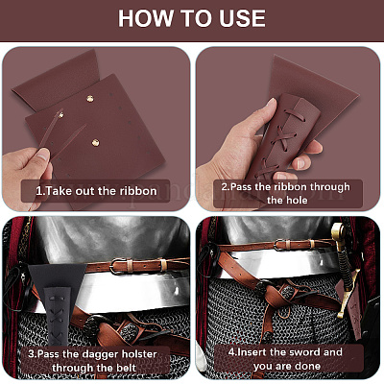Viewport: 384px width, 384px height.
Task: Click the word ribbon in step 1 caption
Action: click(138, 191)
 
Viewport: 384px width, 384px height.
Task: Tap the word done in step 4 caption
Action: click(307, 366)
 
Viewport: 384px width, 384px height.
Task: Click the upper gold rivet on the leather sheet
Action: click(90, 99)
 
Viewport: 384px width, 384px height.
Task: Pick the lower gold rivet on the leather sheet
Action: click(95, 143)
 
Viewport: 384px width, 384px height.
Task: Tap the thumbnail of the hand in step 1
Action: click(42, 156)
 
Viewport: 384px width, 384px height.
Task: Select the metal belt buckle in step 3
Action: click(116, 266)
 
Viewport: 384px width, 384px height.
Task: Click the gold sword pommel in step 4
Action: click(338, 232)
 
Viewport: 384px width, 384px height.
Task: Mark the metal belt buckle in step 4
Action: click(278, 245)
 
